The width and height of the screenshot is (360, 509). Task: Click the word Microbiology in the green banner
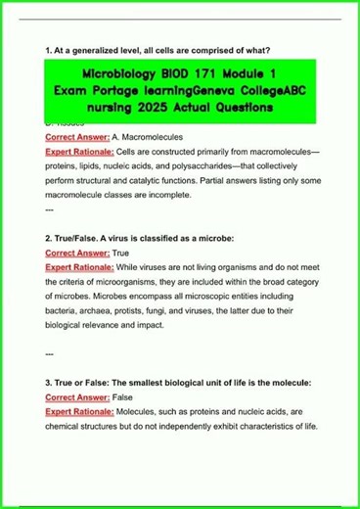pyautogui.click(x=120, y=76)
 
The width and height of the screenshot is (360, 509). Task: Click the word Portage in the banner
pyautogui.click(x=121, y=91)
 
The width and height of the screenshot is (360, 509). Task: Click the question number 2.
pyautogui.click(x=48, y=238)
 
